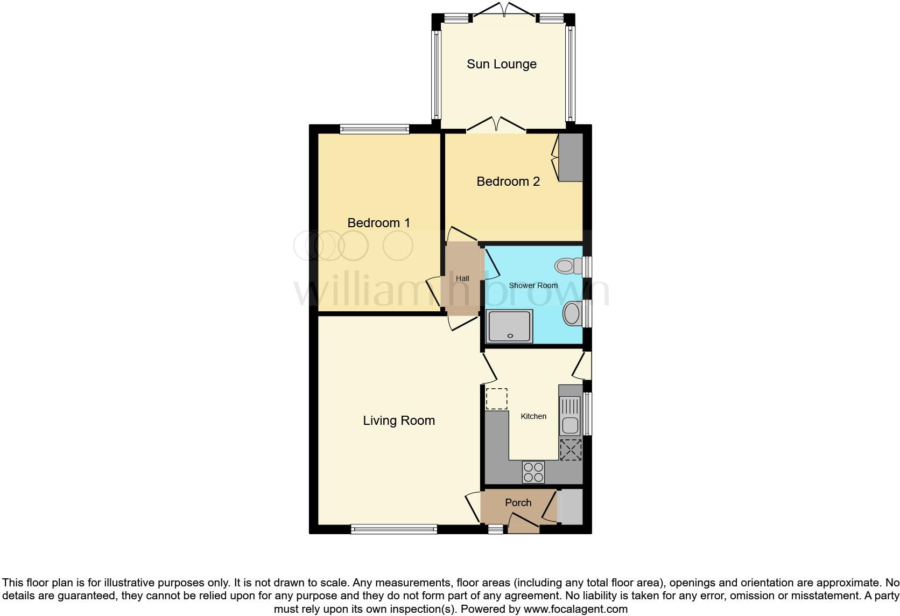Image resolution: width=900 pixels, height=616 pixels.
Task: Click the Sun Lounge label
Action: pyautogui.click(x=501, y=64)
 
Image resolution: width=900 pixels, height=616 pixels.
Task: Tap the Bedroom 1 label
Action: pyautogui.click(x=378, y=223)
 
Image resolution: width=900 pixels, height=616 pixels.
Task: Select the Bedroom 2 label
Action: pyautogui.click(x=508, y=181)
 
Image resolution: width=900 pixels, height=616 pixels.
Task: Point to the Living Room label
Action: pyautogui.click(x=398, y=421)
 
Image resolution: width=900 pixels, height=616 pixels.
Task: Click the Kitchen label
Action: pyautogui.click(x=533, y=416)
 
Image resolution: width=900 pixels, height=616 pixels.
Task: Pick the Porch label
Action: pyautogui.click(x=518, y=502)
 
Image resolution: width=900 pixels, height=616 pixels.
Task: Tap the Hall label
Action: pyautogui.click(x=462, y=278)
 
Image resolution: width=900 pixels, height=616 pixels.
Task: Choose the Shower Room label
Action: pyautogui.click(x=533, y=285)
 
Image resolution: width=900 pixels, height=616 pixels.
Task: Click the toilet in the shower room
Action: pyautogui.click(x=566, y=265)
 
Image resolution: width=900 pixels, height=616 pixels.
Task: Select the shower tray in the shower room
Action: pyautogui.click(x=509, y=326)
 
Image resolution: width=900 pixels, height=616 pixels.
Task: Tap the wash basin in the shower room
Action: pyautogui.click(x=572, y=313)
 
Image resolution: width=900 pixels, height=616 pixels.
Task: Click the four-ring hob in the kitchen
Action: pyautogui.click(x=533, y=472)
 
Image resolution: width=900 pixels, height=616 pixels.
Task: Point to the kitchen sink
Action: pyautogui.click(x=569, y=415)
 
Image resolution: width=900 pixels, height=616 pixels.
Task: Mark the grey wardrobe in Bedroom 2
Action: pyautogui.click(x=571, y=157)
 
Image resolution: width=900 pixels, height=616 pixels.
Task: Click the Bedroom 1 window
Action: pyautogui.click(x=375, y=129)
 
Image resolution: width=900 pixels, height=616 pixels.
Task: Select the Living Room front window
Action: pyautogui.click(x=393, y=529)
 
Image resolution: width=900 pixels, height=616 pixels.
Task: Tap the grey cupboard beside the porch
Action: pyautogui.click(x=570, y=507)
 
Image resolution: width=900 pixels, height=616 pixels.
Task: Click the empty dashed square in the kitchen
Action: pyautogui.click(x=496, y=398)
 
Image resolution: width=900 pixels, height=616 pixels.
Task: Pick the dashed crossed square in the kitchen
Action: pyautogui.click(x=571, y=450)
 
